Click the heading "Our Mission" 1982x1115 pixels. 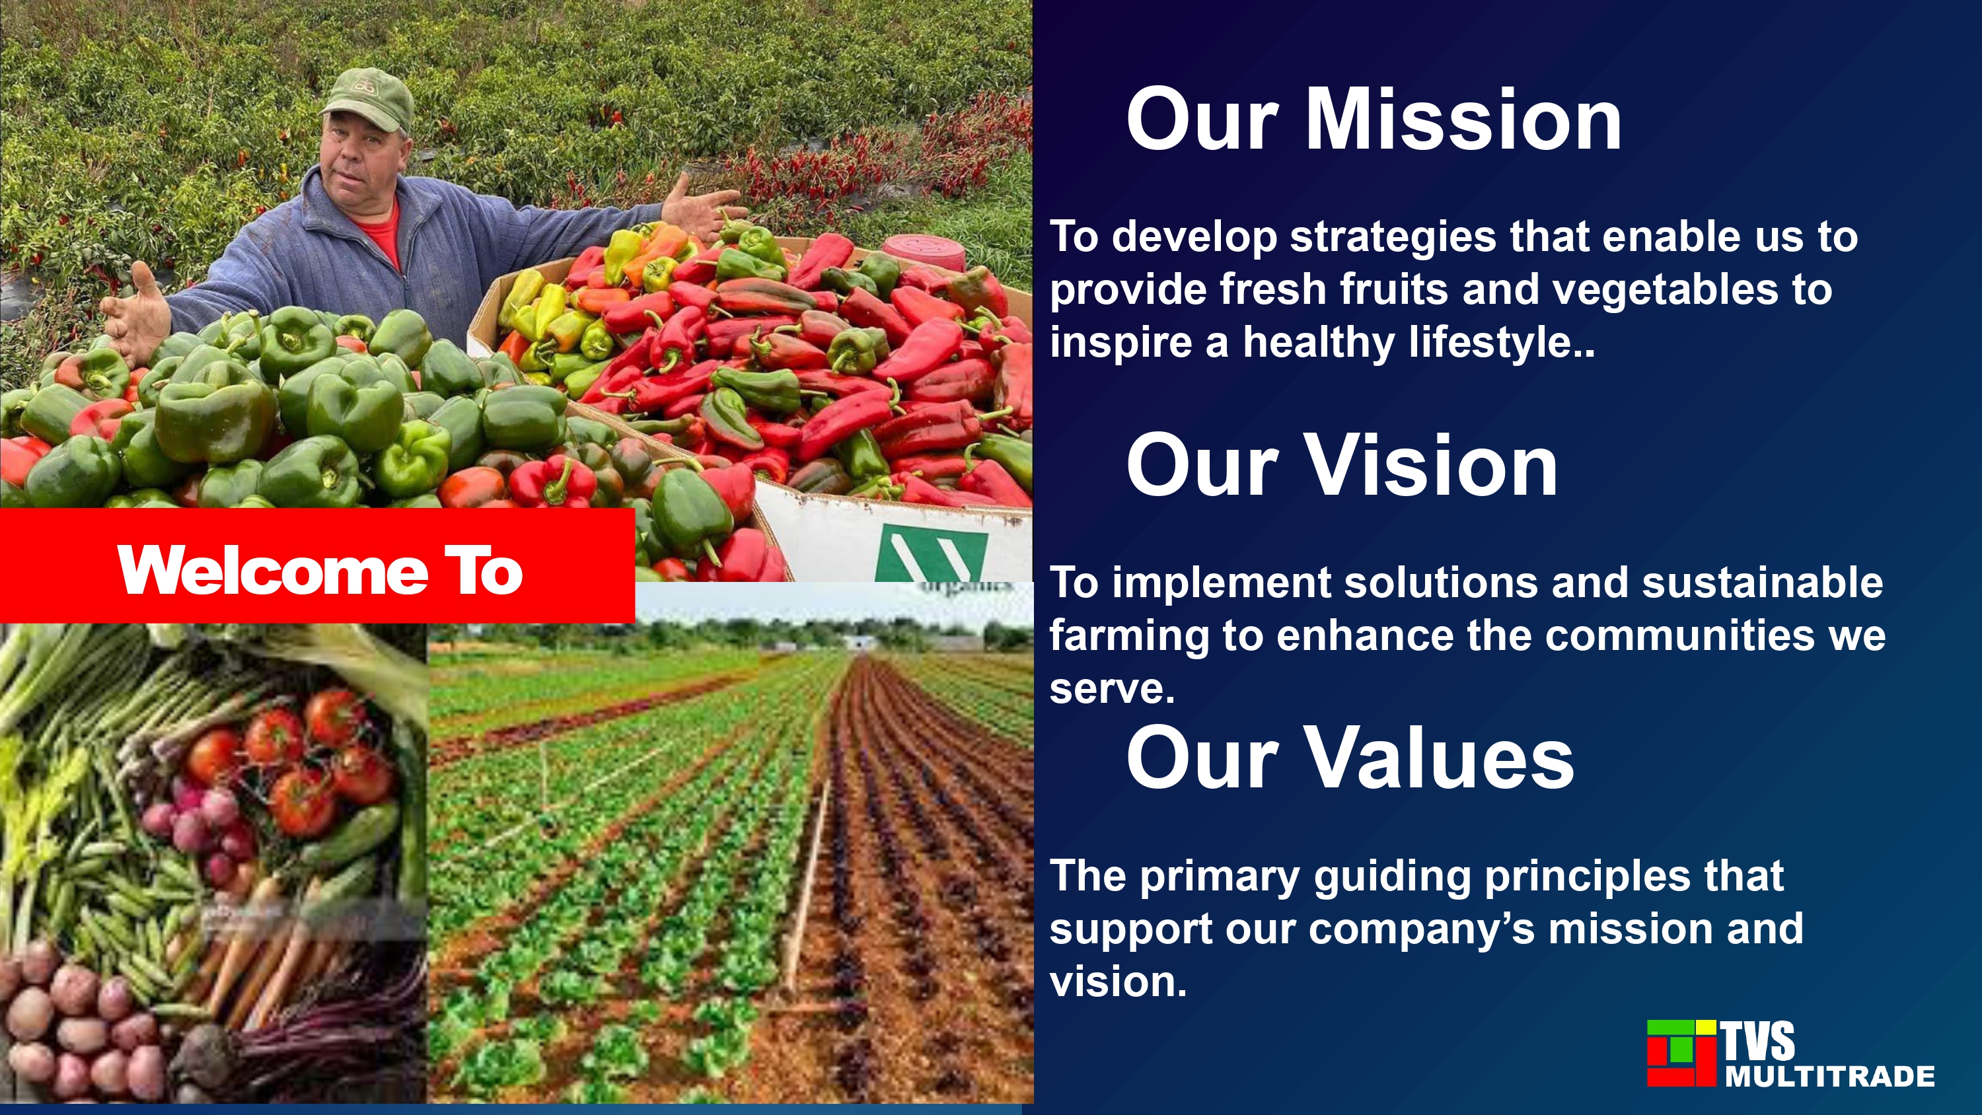tap(1374, 120)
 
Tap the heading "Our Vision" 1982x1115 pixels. tap(1342, 466)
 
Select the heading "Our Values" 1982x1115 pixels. tap(1350, 758)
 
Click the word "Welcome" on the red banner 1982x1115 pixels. tap(273, 571)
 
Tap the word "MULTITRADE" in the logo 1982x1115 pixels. tap(1829, 1076)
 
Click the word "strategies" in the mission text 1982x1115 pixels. tap(1393, 238)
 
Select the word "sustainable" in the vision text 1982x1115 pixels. tap(1763, 583)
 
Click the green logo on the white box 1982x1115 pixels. tap(932, 552)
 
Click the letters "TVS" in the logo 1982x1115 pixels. tap(1757, 1040)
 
